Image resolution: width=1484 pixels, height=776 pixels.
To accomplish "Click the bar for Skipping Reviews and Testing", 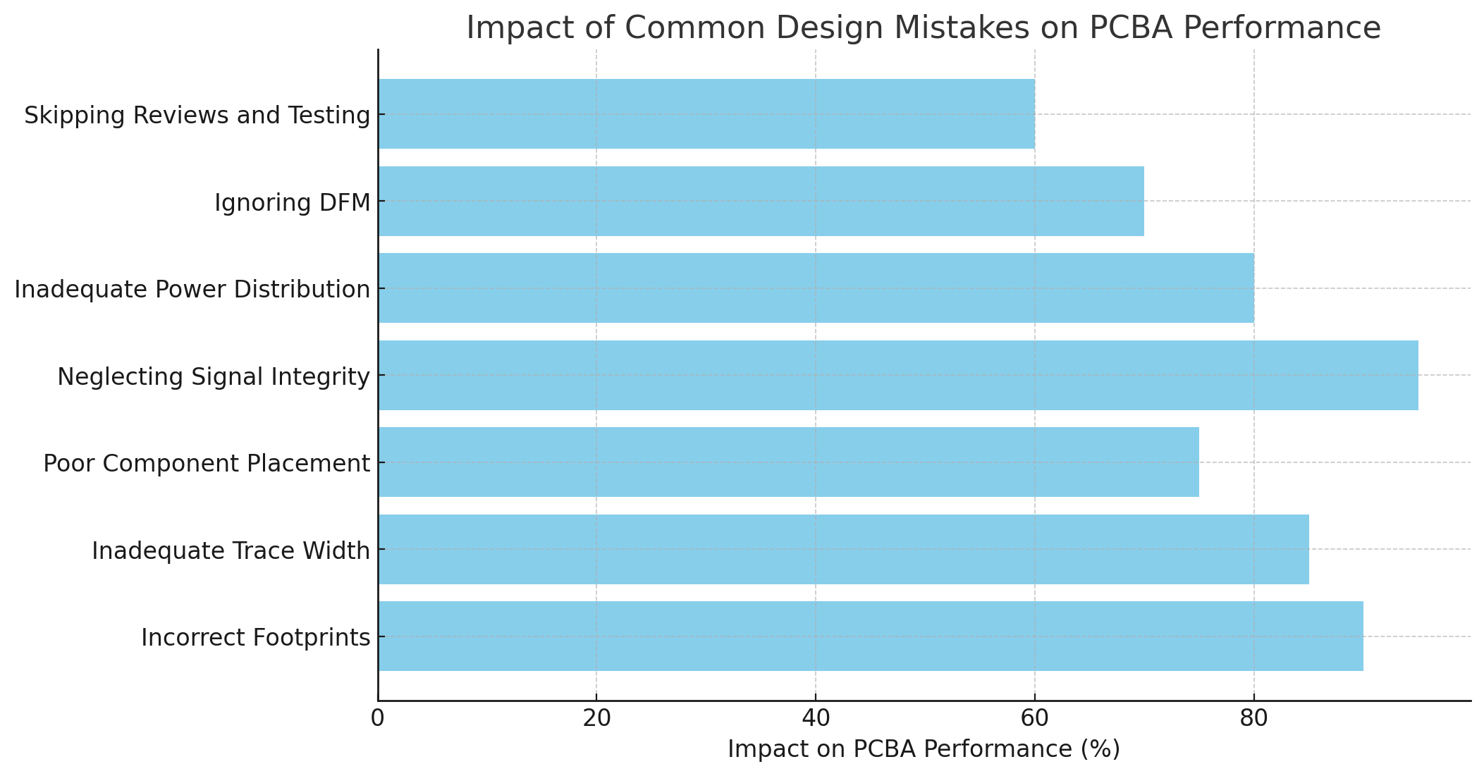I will tap(706, 113).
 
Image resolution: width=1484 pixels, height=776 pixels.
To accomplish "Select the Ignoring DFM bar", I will tap(761, 201).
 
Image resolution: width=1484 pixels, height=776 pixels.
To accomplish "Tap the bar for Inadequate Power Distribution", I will tap(816, 288).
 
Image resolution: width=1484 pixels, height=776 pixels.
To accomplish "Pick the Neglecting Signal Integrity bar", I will tap(897, 375).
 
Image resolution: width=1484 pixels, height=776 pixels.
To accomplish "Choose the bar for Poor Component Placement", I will tap(788, 462).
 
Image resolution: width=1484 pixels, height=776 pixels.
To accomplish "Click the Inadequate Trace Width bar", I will tap(843, 549).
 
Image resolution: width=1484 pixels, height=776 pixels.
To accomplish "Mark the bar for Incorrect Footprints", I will tap(870, 636).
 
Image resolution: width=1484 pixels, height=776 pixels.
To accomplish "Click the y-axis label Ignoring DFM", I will tap(292, 203).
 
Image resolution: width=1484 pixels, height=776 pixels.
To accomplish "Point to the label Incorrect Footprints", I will tap(255, 638).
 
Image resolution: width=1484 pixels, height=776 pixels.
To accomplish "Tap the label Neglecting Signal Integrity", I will tap(213, 377).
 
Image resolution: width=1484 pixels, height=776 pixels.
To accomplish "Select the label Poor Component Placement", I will tap(206, 464).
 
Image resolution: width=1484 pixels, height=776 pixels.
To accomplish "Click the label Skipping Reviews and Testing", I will tap(197, 116).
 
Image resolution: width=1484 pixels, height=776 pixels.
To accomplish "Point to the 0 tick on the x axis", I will tap(378, 718).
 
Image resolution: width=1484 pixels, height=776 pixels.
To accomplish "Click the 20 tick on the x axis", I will tap(596, 718).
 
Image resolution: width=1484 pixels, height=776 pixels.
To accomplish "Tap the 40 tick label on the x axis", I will tap(816, 718).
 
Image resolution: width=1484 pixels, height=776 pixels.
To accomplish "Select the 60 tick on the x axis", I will tap(1034, 718).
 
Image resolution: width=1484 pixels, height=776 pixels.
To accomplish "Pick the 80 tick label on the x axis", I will tap(1253, 718).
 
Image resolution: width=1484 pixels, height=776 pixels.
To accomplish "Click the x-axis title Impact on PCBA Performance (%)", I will tap(924, 749).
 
